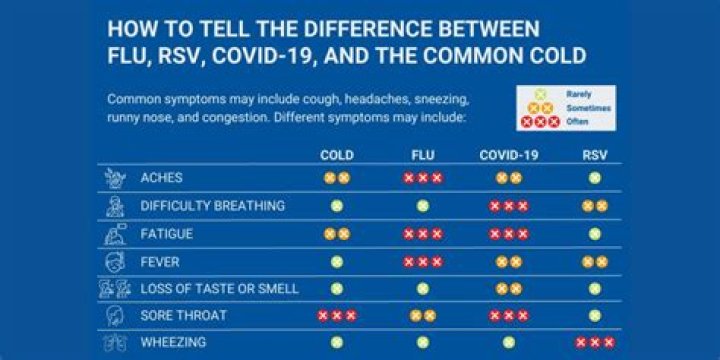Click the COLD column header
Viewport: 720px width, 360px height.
(336, 155)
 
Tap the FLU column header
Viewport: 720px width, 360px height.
(422, 155)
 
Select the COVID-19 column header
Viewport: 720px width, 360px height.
(508, 155)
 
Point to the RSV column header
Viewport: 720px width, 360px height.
(594, 155)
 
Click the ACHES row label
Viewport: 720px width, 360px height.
(162, 178)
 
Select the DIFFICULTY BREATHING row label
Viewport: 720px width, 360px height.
(213, 206)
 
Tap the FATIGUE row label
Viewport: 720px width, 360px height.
(167, 234)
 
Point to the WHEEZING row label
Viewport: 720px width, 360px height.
(174, 342)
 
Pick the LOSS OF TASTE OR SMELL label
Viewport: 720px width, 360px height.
(219, 288)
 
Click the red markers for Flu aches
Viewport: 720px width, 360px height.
(422, 178)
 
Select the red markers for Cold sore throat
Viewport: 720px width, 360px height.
(336, 315)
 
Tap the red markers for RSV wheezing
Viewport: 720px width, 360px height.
(594, 342)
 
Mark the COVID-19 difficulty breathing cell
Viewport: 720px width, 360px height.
(508, 206)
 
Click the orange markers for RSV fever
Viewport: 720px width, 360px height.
(594, 261)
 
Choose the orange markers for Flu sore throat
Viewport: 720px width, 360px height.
(422, 315)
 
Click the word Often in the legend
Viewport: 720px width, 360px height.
(577, 122)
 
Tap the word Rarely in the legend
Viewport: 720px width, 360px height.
(578, 94)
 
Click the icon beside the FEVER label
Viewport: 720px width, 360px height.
(115, 261)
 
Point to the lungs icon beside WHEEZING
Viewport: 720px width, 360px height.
(115, 343)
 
